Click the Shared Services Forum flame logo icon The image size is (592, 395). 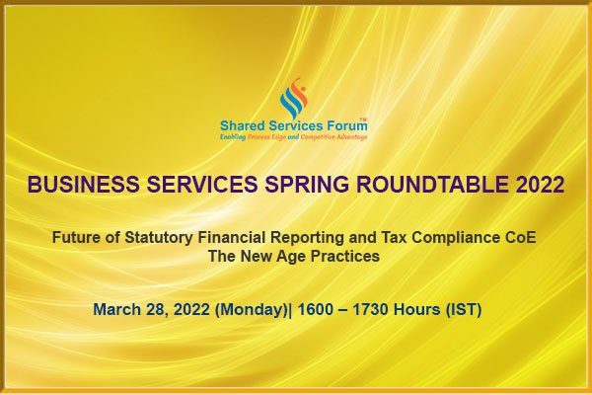coord(294,98)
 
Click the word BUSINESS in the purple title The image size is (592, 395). coord(84,185)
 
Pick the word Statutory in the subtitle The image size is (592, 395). coord(159,238)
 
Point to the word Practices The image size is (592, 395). coord(345,257)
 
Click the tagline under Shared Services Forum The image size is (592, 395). coord(293,137)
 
